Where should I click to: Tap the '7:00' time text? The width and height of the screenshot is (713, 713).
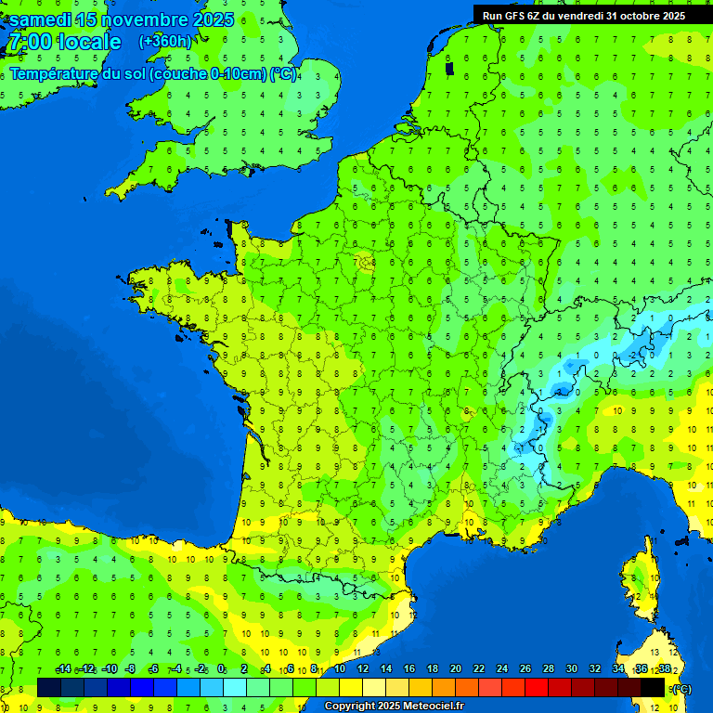pyautogui.click(x=29, y=42)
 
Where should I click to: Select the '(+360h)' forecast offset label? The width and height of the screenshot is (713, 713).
pyautogui.click(x=165, y=41)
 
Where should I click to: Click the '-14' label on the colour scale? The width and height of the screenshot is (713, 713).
pyautogui.click(x=63, y=669)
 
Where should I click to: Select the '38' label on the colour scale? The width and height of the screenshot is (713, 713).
pyautogui.click(x=665, y=669)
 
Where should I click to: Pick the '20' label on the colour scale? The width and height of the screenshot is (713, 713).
pyautogui.click(x=456, y=669)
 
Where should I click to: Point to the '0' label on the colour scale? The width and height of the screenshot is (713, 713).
pyautogui.click(x=221, y=669)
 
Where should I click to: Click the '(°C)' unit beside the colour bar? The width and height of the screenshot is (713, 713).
pyautogui.click(x=681, y=689)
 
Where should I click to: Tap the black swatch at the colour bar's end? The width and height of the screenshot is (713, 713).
pyautogui.click(x=653, y=687)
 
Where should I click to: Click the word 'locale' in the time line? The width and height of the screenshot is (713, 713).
pyautogui.click(x=89, y=42)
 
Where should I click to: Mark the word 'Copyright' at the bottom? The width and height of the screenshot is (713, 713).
pyautogui.click(x=350, y=706)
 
